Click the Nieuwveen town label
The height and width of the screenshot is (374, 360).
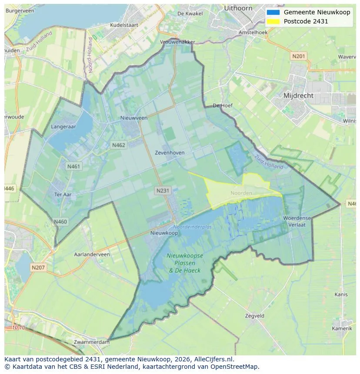pos(134,118)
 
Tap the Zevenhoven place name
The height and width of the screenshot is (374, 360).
pos(170,152)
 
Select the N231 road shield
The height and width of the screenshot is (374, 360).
pos(163,190)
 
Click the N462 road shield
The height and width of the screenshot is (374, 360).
pos(119,145)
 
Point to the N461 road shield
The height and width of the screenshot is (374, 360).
pos(73,166)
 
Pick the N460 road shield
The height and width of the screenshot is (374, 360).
pos(60,222)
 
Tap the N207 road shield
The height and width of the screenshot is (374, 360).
pos(38,268)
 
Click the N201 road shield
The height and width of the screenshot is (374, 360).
pos(299,56)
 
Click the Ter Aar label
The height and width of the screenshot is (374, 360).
pos(63,195)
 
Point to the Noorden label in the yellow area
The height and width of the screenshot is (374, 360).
pos(241,193)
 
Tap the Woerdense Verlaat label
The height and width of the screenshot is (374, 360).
pos(297,221)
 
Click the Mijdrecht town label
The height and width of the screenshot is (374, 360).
pos(298,95)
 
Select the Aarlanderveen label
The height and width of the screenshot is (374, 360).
pos(92,254)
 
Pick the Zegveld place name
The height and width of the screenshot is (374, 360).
pos(254,316)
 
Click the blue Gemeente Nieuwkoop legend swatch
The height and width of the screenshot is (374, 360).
pos(273,12)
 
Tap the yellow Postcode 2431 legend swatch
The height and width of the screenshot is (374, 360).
pos(273,21)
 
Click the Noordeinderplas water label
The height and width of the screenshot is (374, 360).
pos(193,227)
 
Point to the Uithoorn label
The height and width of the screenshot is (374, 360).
pos(238,8)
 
